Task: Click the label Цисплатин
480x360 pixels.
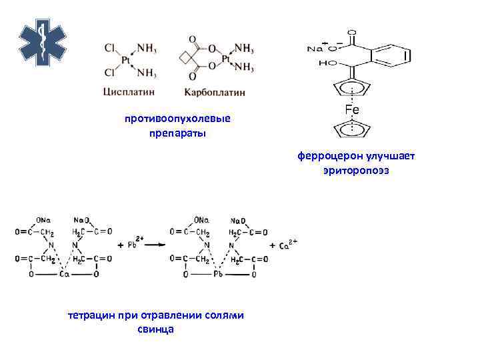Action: [x=127, y=91]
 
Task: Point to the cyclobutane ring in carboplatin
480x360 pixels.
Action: [x=186, y=59]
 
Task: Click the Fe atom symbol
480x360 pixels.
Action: [x=352, y=109]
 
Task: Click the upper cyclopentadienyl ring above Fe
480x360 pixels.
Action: [x=352, y=88]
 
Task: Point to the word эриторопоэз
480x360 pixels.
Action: [x=356, y=171]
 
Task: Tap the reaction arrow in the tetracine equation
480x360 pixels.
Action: [x=156, y=245]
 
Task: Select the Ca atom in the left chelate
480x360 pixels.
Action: [x=64, y=273]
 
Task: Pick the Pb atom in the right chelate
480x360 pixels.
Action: [x=217, y=273]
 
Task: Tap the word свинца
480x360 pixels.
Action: [x=155, y=329]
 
